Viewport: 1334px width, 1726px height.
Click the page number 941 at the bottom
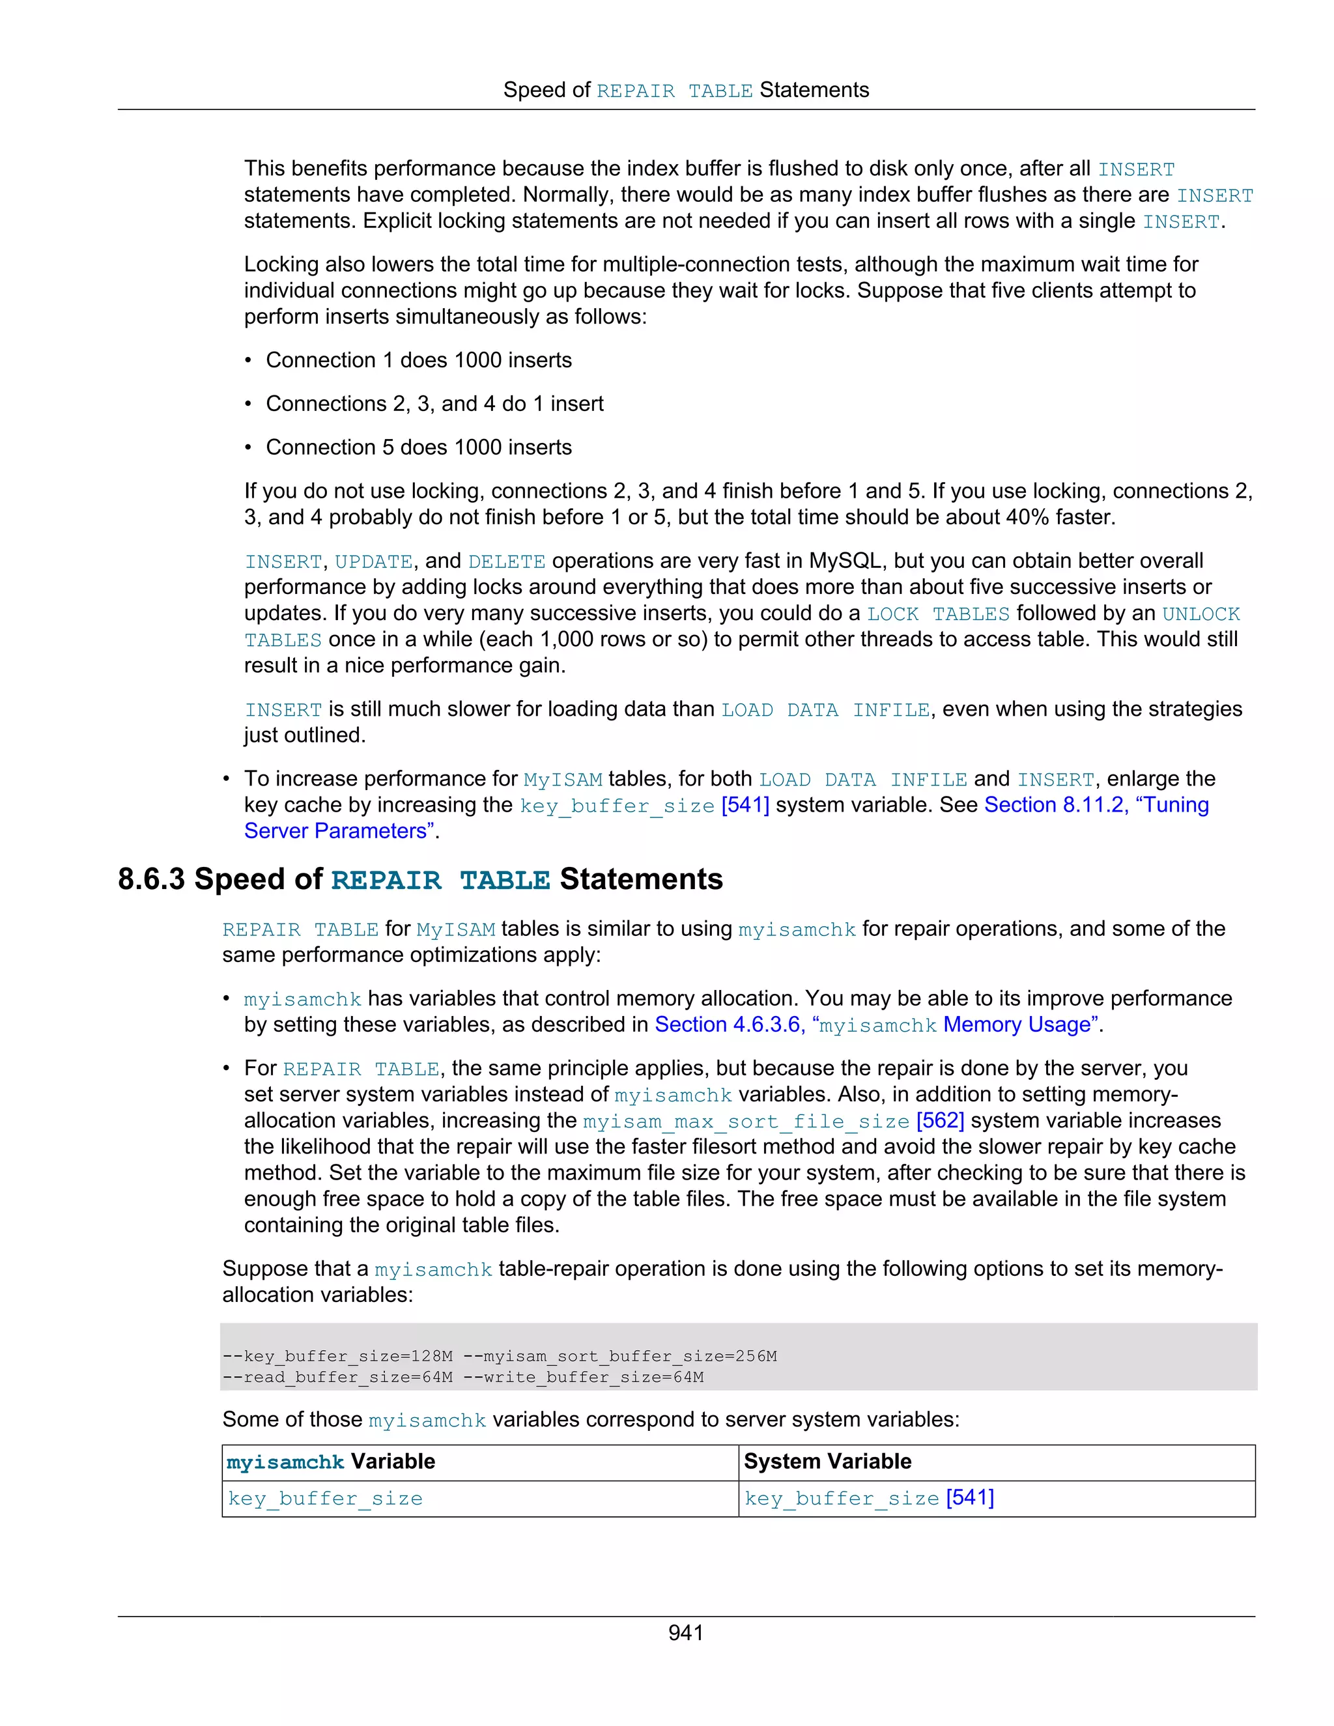point(685,1633)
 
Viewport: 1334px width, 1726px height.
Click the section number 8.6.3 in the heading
point(152,879)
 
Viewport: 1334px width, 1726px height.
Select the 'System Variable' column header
point(827,1462)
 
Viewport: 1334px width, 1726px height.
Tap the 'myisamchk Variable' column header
point(330,1462)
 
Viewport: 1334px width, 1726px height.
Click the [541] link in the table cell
point(970,1497)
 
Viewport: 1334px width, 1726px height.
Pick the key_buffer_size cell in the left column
point(325,1499)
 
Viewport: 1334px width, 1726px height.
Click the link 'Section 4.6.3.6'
point(727,1025)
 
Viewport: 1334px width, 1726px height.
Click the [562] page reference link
point(940,1121)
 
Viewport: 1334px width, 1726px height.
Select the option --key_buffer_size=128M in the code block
point(337,1356)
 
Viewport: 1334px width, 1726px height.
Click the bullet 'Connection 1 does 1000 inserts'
point(418,360)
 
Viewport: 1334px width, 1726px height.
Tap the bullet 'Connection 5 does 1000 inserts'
point(418,447)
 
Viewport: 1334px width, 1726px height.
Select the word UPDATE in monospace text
point(373,562)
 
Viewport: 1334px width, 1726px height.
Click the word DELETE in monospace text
point(507,562)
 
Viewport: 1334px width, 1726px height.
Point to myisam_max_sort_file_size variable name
point(746,1122)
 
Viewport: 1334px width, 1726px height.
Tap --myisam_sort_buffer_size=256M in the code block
point(619,1356)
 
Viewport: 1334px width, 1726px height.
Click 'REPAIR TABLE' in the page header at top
point(674,92)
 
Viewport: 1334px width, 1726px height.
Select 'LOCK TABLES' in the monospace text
point(938,614)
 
